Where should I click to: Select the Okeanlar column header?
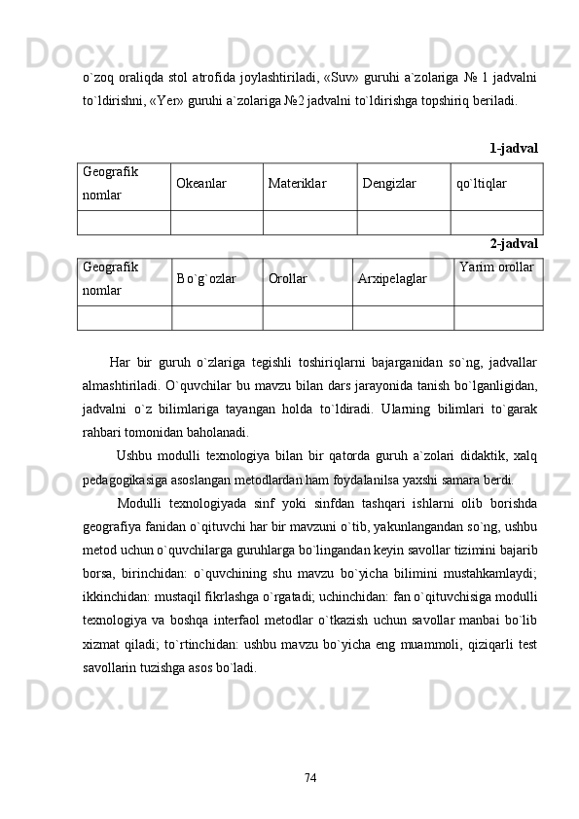(x=201, y=183)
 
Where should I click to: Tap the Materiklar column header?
(x=297, y=183)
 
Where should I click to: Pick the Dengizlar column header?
(x=388, y=183)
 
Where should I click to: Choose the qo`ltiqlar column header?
(x=481, y=183)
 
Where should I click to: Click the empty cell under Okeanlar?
(x=217, y=222)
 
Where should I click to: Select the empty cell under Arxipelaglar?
(x=402, y=317)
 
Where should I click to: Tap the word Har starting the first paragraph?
(x=120, y=364)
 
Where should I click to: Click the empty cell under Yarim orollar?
(x=497, y=317)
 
